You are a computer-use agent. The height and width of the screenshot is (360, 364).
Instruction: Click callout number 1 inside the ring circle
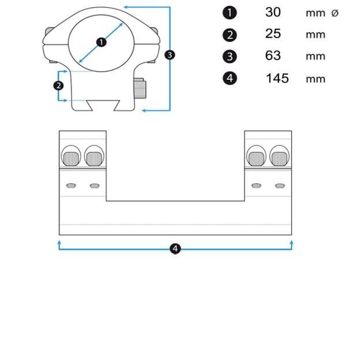(102, 42)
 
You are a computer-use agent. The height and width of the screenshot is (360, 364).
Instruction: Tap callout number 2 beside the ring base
(58, 86)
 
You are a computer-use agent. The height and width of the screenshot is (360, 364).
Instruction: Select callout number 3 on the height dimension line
(170, 55)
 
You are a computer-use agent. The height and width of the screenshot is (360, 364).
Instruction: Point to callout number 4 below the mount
(176, 248)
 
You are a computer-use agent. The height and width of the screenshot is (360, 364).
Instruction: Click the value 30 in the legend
(273, 12)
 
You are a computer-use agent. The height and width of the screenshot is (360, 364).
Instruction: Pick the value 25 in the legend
(273, 34)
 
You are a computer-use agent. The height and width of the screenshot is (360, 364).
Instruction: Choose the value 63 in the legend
(273, 55)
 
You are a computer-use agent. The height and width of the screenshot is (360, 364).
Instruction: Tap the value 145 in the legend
(277, 78)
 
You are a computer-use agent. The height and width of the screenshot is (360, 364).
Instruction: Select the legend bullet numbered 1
(229, 13)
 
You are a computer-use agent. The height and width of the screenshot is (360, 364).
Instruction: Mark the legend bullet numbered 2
(229, 35)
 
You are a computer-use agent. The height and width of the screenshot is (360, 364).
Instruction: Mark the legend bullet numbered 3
(229, 56)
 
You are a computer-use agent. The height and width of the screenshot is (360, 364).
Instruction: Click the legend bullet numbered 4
(229, 78)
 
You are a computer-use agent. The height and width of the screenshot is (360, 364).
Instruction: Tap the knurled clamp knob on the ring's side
(140, 88)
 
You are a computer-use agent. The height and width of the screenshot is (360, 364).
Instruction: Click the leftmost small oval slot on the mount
(72, 185)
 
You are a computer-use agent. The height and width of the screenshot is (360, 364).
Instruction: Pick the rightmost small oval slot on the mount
(280, 185)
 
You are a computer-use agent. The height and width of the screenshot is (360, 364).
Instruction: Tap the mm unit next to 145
(315, 79)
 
